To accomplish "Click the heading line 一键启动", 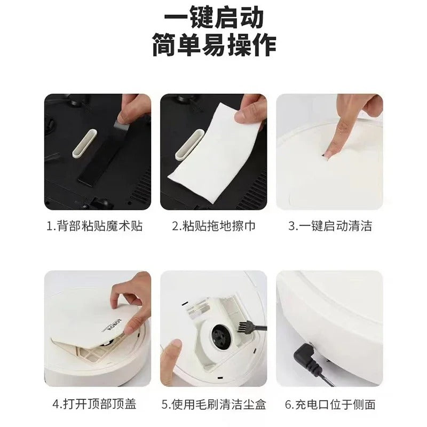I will pos(213,18).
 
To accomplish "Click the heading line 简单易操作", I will pos(213,45).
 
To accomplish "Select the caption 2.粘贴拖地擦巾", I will pos(213,226).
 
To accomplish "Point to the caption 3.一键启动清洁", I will pos(330,226).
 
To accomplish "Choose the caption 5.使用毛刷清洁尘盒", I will pos(213,404).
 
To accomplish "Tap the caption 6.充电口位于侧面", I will pos(330,404).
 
